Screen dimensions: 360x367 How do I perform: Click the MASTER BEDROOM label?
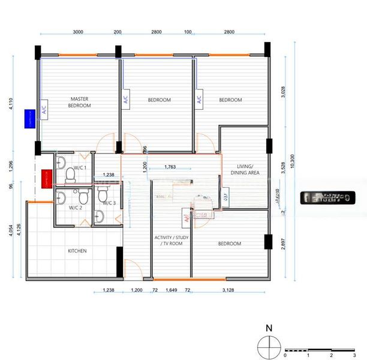pos(80,102)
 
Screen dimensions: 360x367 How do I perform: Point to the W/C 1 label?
pos(80,167)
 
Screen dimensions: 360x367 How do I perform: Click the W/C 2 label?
pos(75,207)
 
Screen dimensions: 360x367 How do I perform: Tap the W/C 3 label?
pos(109,203)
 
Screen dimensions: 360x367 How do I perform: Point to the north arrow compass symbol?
pos(269,346)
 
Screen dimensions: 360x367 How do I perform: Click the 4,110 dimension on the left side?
pos(10,104)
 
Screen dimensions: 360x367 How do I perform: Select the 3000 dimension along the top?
pos(78,31)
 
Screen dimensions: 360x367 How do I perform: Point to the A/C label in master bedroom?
pos(44,109)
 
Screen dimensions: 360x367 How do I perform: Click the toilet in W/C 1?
pos(70,175)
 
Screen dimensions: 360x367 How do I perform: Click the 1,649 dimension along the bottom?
pos(171,290)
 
